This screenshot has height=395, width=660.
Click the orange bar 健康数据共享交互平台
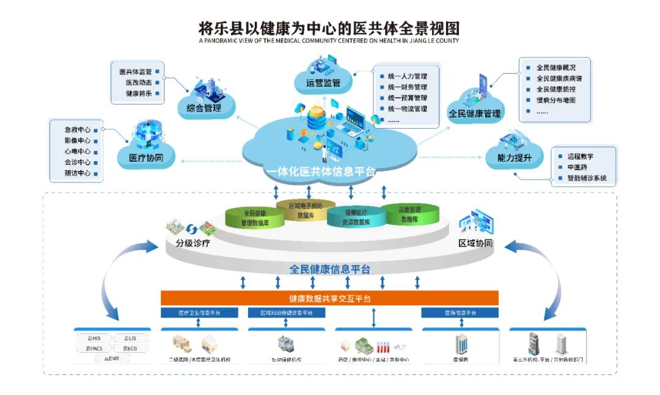pos(329,299)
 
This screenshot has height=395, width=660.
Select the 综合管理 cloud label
pos(199,109)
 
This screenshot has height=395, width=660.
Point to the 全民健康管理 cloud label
pos(474,114)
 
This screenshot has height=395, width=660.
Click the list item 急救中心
pos(78,130)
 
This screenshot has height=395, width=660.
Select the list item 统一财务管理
pos(407,87)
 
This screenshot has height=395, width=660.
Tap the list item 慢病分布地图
pos(555,100)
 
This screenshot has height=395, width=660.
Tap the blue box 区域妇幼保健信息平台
pos(286,313)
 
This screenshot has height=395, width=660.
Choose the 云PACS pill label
pos(90,348)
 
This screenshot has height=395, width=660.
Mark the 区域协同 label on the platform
pos(475,244)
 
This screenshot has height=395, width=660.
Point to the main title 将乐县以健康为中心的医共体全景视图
pos(329,28)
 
